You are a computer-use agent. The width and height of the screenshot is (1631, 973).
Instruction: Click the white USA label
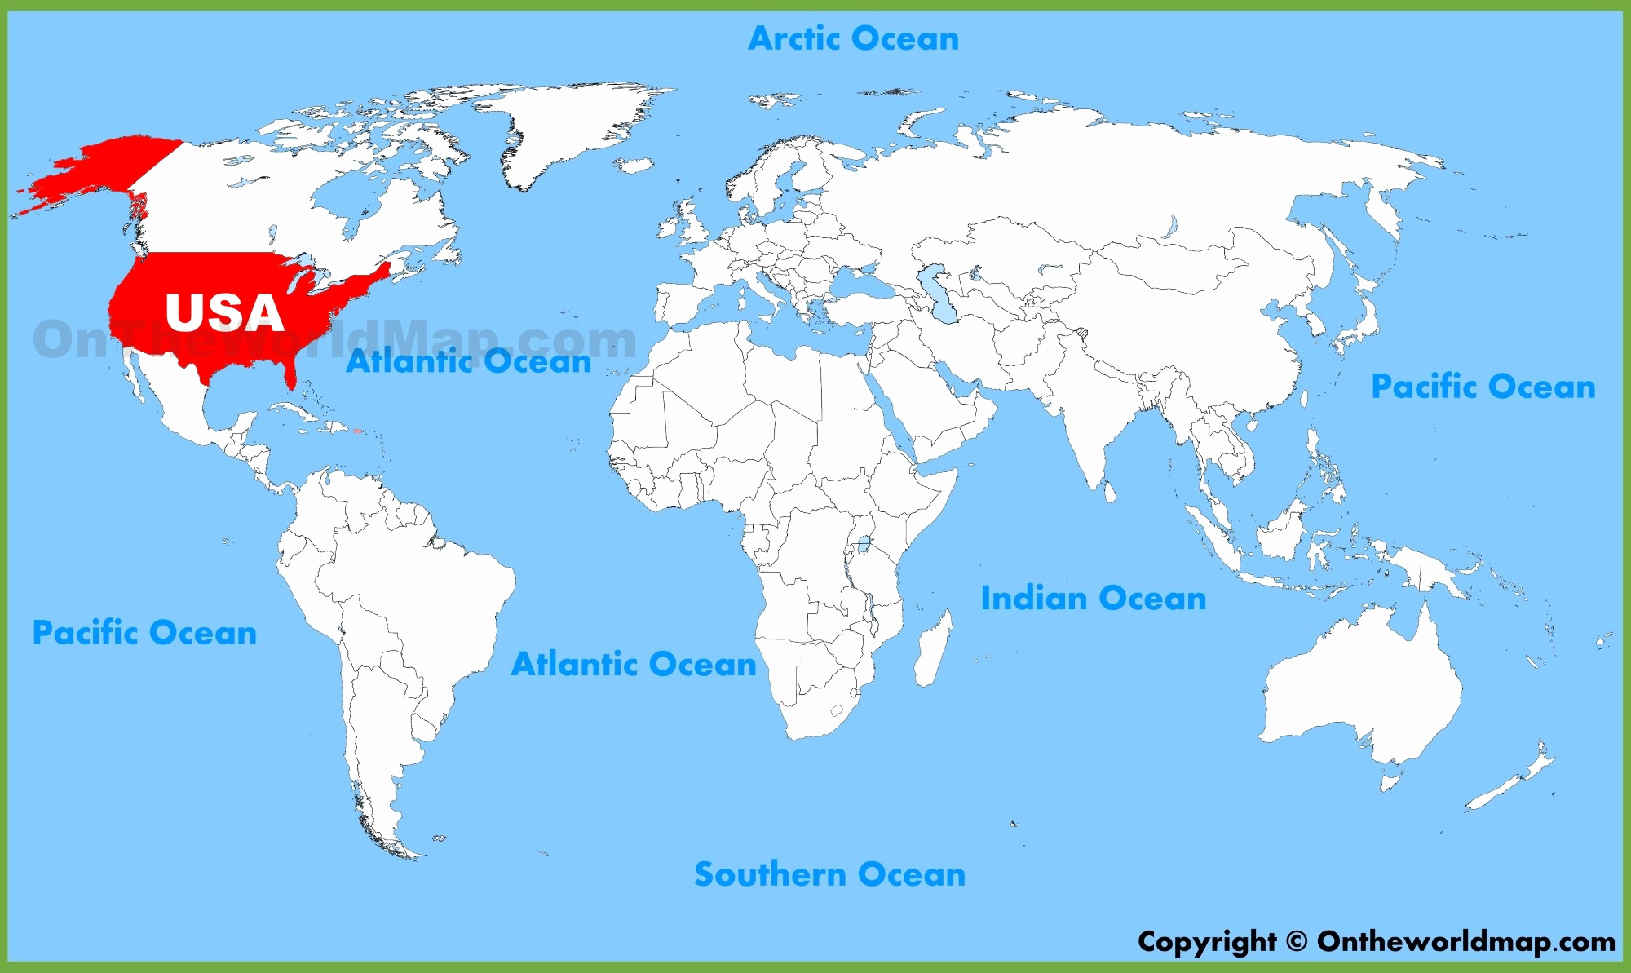[x=224, y=312]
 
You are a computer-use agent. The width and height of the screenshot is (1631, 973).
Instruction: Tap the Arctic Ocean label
[x=853, y=38]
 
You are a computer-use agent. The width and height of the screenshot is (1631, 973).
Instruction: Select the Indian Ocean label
[x=1093, y=599]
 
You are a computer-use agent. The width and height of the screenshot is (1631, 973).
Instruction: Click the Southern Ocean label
[x=829, y=874]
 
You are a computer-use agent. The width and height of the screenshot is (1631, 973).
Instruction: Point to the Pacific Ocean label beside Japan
[x=1483, y=387]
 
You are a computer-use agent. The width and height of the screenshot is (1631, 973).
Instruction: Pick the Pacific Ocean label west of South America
[x=144, y=633]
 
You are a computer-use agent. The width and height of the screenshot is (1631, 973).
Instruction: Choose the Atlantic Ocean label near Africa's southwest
[x=634, y=665]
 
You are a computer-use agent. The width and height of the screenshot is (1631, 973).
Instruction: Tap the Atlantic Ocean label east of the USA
[x=468, y=361]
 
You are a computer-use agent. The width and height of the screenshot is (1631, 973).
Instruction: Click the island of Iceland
[x=634, y=165]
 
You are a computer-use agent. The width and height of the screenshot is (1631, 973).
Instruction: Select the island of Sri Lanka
[x=1109, y=493]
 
